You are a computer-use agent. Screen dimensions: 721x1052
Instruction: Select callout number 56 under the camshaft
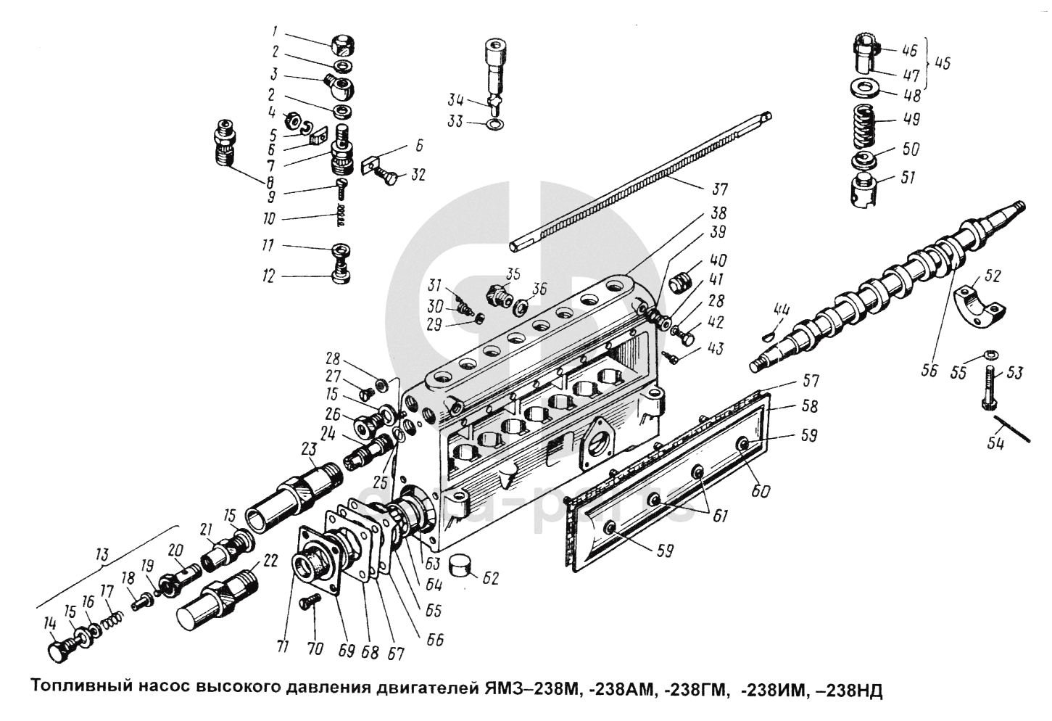[929, 371]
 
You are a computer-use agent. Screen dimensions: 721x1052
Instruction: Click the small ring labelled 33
[494, 125]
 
